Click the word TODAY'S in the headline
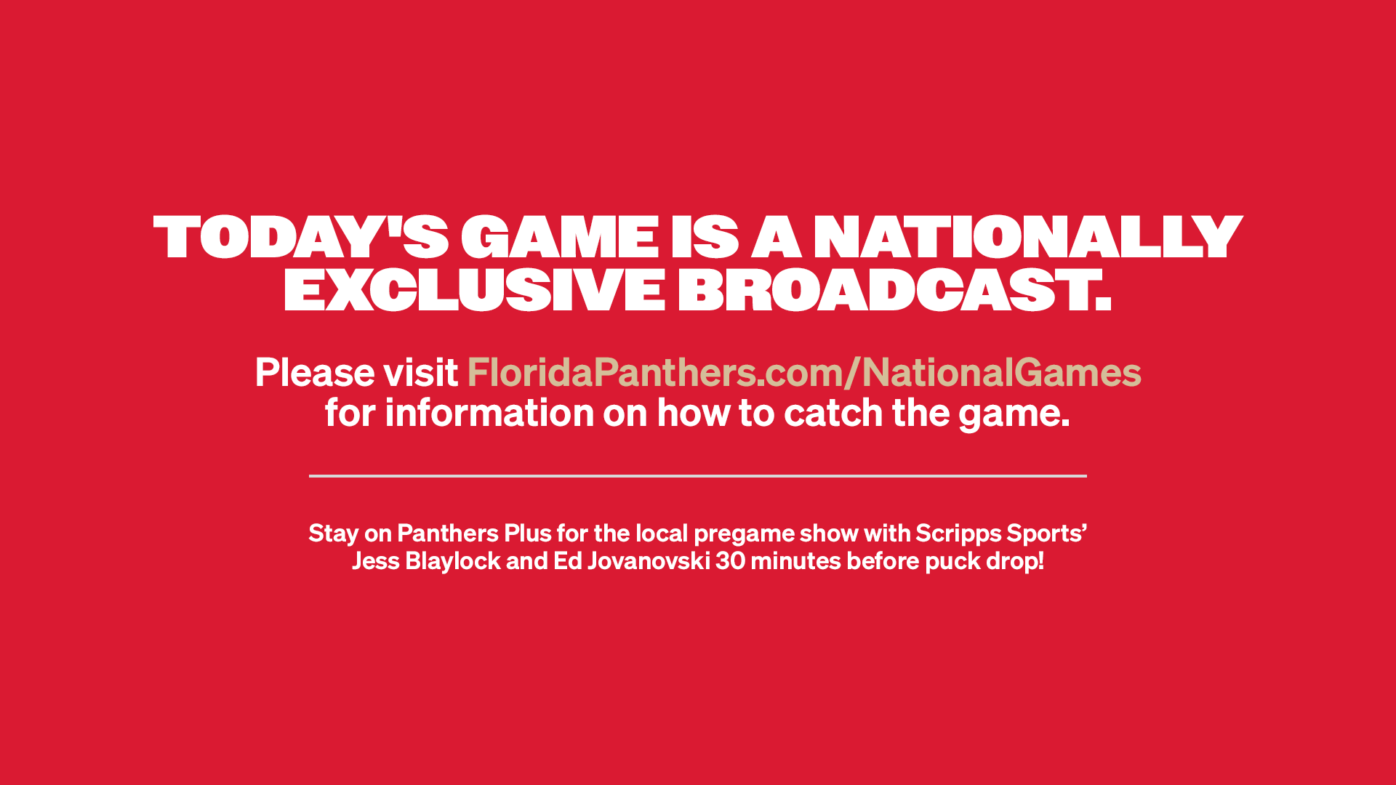click(301, 237)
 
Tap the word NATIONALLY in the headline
click(1027, 237)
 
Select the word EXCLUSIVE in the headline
click(474, 289)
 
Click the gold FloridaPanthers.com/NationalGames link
click(804, 372)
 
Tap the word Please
click(315, 372)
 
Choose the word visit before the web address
click(421, 372)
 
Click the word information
click(489, 413)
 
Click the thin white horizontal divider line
click(698, 476)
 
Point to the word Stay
click(334, 534)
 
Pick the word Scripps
click(958, 534)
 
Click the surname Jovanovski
click(649, 561)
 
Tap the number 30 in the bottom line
click(731, 561)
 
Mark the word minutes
click(796, 561)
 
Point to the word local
click(662, 534)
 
